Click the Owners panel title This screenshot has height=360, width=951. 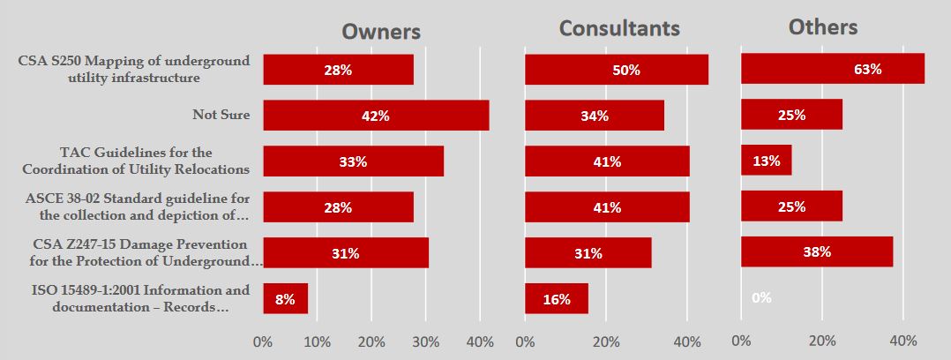(x=381, y=32)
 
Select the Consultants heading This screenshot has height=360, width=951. (x=619, y=28)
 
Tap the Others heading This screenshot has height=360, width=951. (x=822, y=27)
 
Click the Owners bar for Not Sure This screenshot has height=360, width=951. (x=376, y=115)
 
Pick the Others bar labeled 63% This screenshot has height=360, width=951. (x=832, y=69)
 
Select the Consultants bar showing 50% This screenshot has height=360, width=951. (x=616, y=70)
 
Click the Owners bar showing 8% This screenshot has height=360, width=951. (x=285, y=298)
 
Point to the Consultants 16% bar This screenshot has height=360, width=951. (x=556, y=298)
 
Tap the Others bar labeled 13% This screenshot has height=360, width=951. (x=766, y=161)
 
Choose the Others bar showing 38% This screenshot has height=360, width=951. (x=816, y=251)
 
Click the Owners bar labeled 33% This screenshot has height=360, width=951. (x=353, y=161)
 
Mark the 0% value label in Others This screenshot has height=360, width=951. (x=761, y=298)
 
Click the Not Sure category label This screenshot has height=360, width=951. (x=221, y=115)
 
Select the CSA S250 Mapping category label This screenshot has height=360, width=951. (x=134, y=69)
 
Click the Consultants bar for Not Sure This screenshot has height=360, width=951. (x=594, y=115)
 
